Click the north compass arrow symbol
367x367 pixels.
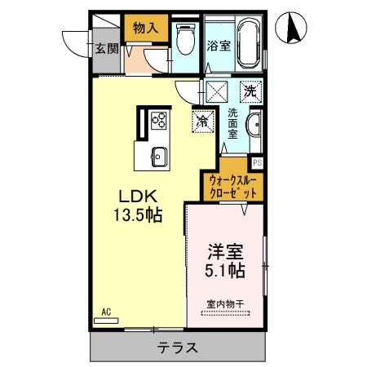tap(292, 29)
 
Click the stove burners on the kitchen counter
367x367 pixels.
tap(159, 122)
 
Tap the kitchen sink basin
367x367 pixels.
tap(158, 154)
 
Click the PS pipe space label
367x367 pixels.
tap(258, 162)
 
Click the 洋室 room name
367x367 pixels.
tap(223, 251)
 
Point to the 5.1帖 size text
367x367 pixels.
tap(223, 271)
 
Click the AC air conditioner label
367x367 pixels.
tap(106, 312)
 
